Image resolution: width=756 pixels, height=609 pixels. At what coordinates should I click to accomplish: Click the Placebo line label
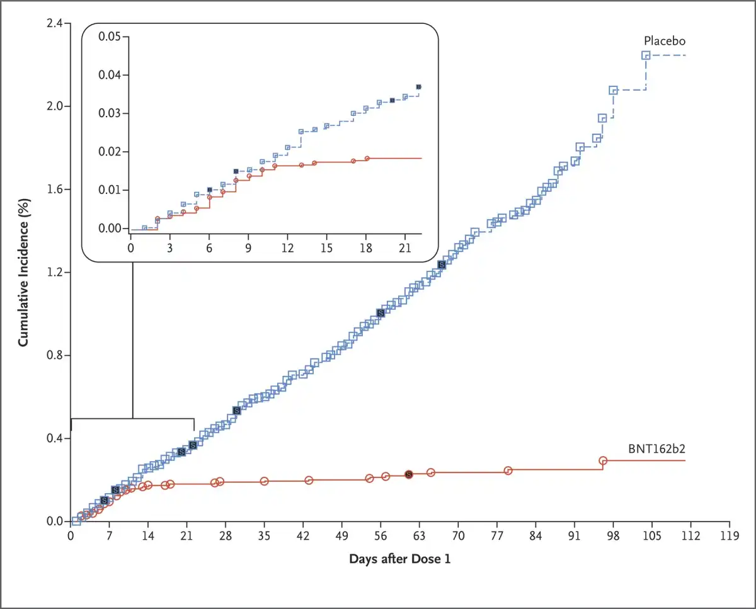point(664,41)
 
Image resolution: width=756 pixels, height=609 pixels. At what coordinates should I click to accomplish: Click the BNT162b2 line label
point(656,449)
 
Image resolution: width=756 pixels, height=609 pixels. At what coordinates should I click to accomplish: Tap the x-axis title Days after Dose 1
point(399,559)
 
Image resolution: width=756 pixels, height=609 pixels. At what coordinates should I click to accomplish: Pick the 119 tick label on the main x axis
point(729,536)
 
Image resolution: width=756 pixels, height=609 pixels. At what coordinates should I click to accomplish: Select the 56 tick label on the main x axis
point(381,536)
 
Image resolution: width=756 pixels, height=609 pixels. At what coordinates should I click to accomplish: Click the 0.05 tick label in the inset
point(109,37)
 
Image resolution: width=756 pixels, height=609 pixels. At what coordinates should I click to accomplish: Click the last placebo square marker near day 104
point(646,55)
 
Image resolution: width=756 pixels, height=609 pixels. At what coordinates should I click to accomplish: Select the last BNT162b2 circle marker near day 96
point(602,461)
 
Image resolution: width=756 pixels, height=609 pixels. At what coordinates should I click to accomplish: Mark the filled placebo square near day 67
point(442,265)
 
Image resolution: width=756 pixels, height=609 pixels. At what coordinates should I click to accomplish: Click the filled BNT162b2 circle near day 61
point(408,474)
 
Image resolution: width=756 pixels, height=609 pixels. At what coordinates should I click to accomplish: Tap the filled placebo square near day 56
point(380,313)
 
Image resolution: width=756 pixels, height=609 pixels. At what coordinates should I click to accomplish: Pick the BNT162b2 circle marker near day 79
point(508,470)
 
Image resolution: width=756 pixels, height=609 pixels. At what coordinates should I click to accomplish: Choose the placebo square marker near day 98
point(613,91)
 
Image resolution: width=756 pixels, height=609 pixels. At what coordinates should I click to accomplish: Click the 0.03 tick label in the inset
point(109,114)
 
